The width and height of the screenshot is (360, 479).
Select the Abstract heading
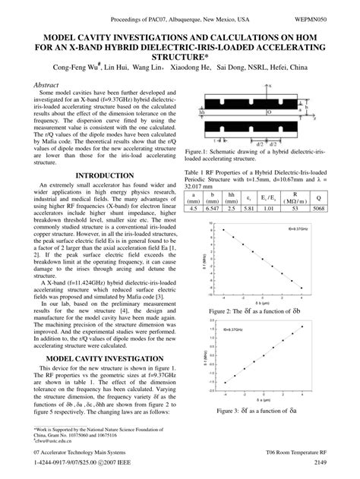click(49, 87)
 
